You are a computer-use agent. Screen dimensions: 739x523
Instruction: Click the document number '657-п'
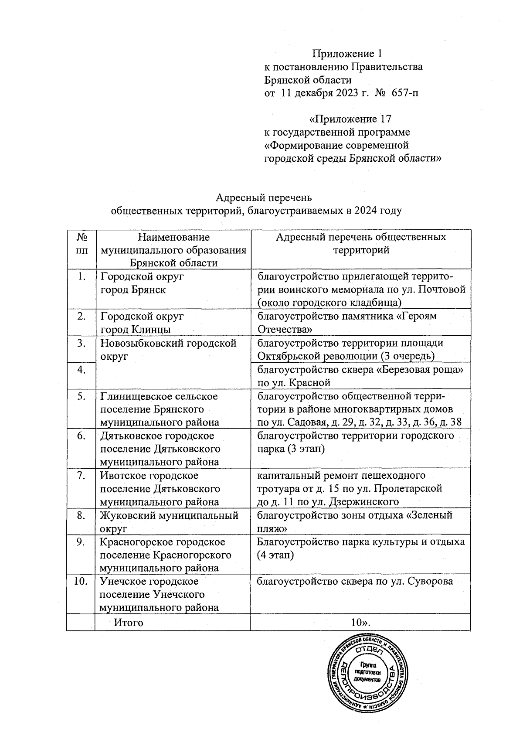(404, 93)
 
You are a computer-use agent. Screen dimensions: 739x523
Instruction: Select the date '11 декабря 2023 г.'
(324, 93)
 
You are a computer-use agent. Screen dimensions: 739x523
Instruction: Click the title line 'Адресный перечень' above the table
(264, 198)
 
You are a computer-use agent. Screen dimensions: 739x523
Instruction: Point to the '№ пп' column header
(81, 244)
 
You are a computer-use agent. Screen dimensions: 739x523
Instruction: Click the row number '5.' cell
(81, 396)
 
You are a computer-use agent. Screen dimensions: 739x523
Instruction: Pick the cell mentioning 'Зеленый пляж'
(360, 521)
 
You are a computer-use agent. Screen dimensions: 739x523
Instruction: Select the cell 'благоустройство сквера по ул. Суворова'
(355, 581)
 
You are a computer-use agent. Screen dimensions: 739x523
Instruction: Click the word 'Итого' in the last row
(129, 622)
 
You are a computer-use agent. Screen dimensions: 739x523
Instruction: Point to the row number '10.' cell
(81, 581)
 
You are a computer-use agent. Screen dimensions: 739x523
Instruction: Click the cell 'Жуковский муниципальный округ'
(169, 521)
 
